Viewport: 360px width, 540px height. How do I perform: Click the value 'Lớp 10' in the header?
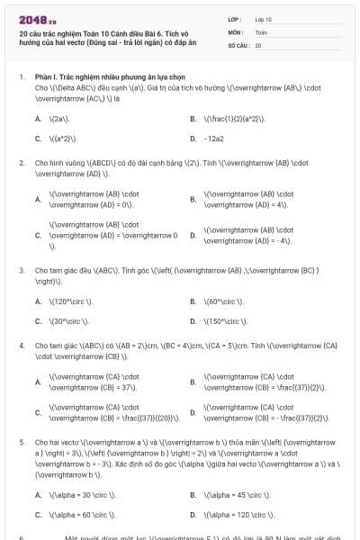click(x=264, y=19)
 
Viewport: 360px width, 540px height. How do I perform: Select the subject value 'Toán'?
click(x=261, y=31)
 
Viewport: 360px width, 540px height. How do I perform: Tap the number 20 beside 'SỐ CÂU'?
click(x=258, y=44)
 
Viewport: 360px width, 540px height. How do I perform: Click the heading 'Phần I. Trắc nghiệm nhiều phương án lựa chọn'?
click(x=99, y=77)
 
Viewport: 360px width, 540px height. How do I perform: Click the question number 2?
click(x=21, y=163)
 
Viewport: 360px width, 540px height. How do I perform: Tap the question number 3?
click(x=21, y=269)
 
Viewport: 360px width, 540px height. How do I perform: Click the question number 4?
click(x=21, y=345)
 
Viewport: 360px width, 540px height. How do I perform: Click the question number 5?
click(x=21, y=444)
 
